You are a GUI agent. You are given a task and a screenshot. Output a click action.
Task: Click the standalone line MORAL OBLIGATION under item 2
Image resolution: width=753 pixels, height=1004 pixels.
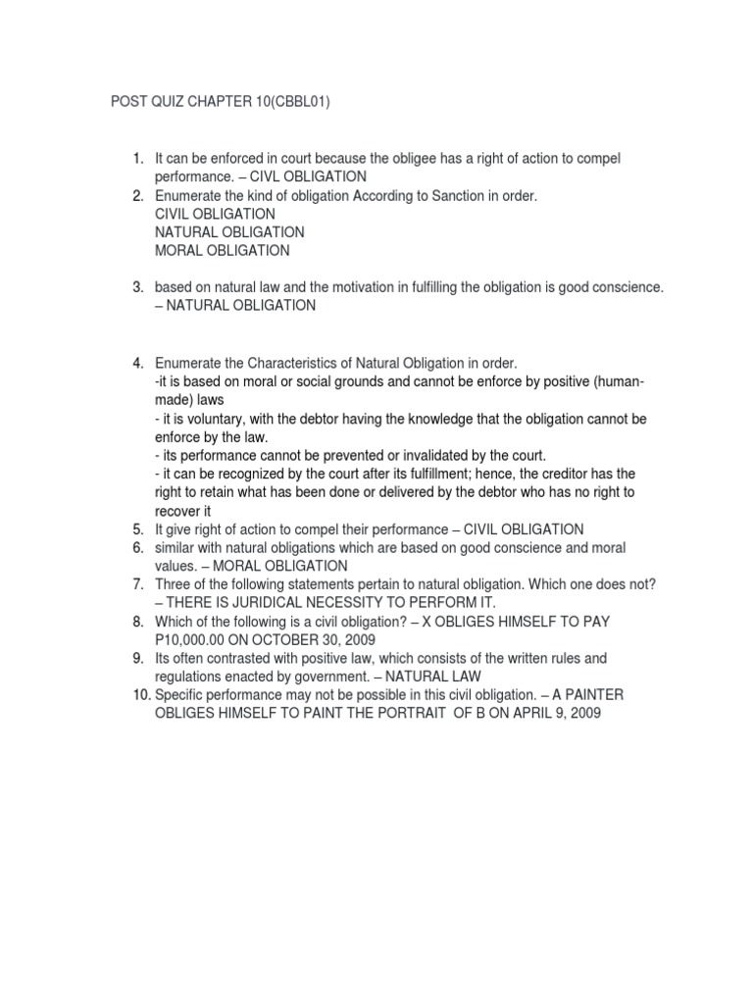222,250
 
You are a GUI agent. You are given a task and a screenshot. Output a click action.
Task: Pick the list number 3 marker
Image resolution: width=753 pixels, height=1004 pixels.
139,287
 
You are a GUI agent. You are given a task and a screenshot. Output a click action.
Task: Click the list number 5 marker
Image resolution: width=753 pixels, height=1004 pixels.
139,529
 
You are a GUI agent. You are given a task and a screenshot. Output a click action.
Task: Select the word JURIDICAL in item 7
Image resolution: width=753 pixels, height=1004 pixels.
272,603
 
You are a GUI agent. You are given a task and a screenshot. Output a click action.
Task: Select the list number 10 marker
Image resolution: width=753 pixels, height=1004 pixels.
136,695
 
